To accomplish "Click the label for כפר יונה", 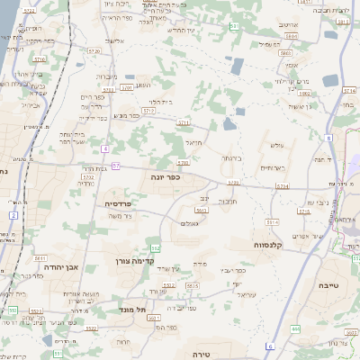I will tap(166, 177).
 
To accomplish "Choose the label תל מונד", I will tap(131, 309).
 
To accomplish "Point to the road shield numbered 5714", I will tap(349, 90).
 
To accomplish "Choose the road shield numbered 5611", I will tap(40, 257).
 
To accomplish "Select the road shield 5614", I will tap(273, 220).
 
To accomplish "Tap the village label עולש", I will tap(275, 145).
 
